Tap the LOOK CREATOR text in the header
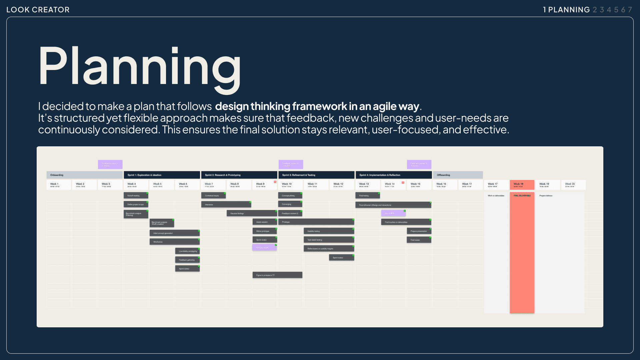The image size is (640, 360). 38,10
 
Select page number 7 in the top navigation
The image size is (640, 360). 630,10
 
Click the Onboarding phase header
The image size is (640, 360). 84,175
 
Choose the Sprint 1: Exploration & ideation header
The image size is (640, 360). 162,175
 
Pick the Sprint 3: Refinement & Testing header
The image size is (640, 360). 316,175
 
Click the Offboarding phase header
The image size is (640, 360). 458,175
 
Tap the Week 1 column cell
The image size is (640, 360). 58,185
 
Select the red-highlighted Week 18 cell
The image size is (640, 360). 522,185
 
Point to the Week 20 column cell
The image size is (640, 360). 573,185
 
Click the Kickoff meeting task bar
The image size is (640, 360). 135,196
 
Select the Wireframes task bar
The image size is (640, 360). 174,242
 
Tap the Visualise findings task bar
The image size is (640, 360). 251,213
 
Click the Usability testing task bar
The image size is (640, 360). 328,231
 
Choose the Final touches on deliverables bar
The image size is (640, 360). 406,222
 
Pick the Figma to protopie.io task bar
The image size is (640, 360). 277,275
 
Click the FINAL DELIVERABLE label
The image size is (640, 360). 522,196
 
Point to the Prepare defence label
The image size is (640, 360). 546,196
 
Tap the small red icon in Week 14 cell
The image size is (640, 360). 403,182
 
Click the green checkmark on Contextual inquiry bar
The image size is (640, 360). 225,193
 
